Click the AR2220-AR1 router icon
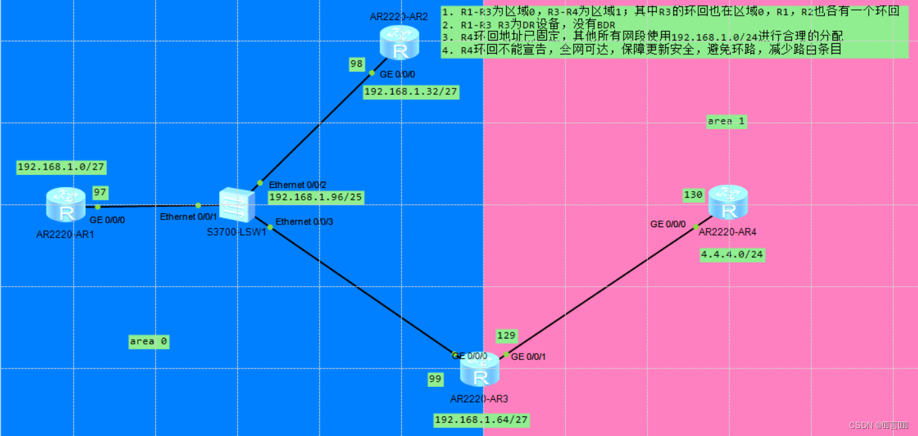coord(66,204)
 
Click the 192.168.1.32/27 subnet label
coord(411,92)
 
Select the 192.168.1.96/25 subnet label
coord(316,196)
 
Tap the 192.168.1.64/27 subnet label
coord(481,420)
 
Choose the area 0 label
coord(149,341)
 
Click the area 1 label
coord(727,121)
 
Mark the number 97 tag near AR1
coord(100,192)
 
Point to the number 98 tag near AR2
coord(357,64)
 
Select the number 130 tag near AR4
coord(693,194)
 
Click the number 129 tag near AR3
coord(506,335)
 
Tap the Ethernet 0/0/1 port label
coord(189,217)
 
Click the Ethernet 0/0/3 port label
coord(304,222)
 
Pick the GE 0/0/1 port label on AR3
coord(528,357)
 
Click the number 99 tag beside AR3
coord(435,378)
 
